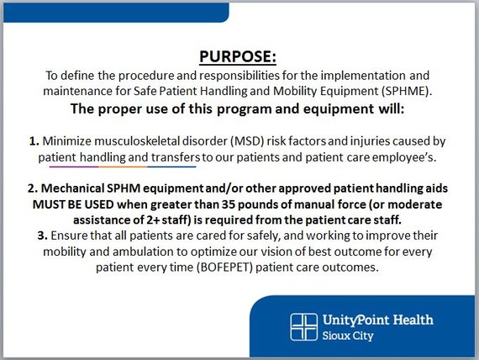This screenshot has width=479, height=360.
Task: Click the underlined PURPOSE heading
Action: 238,56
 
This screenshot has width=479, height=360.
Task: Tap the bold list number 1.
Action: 34,141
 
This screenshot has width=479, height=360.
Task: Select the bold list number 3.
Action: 43,236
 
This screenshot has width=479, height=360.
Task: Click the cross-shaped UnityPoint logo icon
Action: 303,327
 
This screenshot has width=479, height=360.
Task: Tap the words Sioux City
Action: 348,336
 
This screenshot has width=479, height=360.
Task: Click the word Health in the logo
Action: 413,320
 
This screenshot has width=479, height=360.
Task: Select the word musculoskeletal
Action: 137,141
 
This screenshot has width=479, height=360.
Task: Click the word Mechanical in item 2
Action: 73,188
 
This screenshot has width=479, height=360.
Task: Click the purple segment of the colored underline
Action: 74,167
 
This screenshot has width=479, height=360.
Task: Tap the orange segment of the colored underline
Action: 123,167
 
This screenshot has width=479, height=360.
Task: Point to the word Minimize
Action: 67,141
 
